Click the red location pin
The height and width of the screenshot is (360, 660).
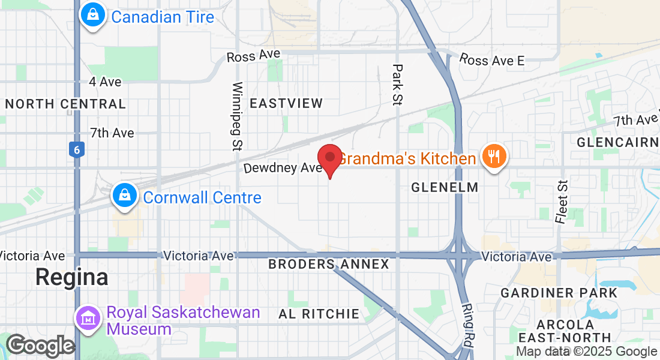tap(329, 158)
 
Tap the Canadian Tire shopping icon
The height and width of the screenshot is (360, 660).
tap(93, 16)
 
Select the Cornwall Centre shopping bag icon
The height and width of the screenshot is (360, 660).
tap(124, 196)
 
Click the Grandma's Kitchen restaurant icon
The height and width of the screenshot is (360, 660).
tap(494, 157)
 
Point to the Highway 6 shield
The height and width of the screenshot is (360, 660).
tap(76, 149)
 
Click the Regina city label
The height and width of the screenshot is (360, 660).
tap(71, 277)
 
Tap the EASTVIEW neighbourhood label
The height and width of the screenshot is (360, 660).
tap(286, 103)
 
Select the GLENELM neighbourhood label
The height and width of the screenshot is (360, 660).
tap(445, 187)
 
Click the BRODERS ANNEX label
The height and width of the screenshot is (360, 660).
tap(328, 264)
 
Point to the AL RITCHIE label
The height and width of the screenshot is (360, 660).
tap(319, 313)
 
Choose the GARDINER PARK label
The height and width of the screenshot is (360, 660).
tap(559, 293)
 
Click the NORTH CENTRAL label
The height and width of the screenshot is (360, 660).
tap(65, 104)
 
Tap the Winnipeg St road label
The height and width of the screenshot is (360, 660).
tap(238, 115)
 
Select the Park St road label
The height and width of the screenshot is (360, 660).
tap(396, 85)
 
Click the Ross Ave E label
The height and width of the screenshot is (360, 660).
tap(492, 60)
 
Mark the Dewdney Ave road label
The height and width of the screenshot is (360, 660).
tap(283, 168)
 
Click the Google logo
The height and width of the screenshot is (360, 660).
tap(40, 346)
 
